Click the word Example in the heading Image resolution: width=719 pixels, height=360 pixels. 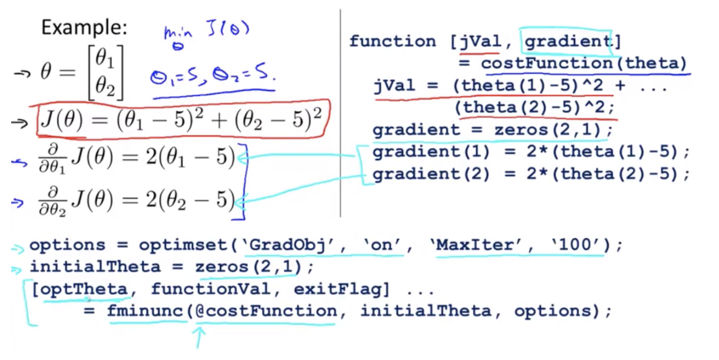(x=84, y=28)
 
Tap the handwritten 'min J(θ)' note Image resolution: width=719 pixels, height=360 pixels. (x=206, y=34)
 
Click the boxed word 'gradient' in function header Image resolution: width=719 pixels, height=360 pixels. (x=566, y=42)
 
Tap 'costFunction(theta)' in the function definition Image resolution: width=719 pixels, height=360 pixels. (x=583, y=63)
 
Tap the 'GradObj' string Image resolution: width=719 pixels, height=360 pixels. (x=282, y=245)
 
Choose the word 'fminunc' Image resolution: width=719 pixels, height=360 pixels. (x=146, y=311)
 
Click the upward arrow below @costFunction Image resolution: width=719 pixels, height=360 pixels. (x=199, y=337)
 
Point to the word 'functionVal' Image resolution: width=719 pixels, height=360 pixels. (x=211, y=289)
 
